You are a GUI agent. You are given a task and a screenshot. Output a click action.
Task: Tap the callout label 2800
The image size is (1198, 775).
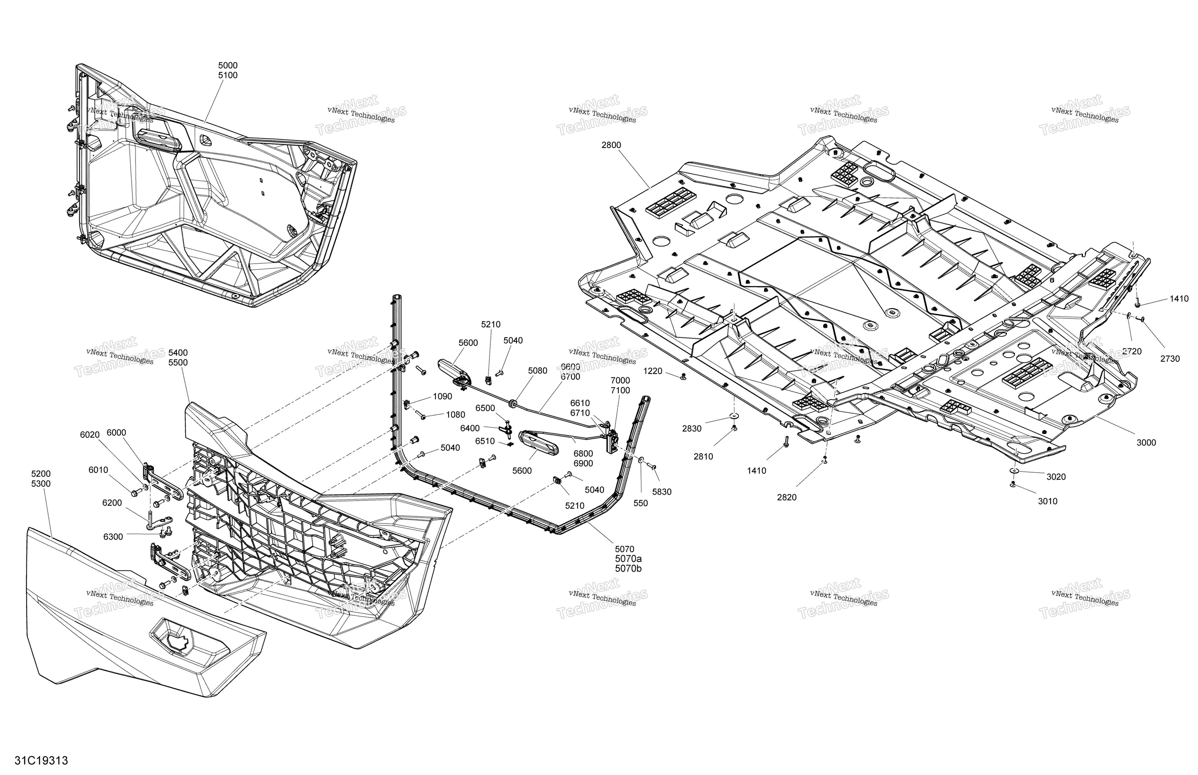pos(611,145)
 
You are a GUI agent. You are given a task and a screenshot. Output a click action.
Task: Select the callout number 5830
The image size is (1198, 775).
pos(661,492)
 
